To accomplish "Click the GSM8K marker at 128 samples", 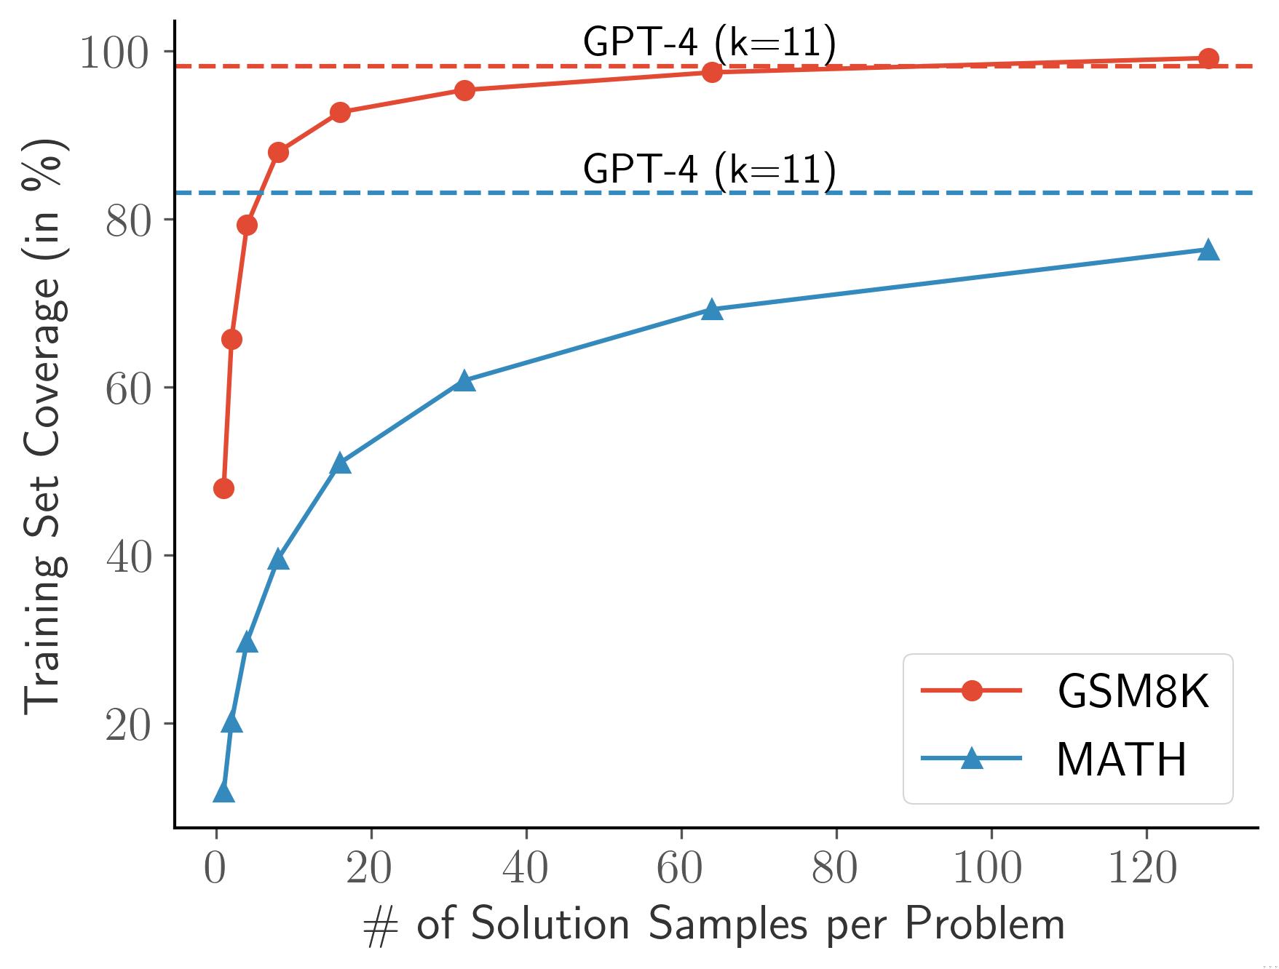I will coord(1208,58).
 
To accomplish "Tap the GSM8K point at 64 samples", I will coord(712,72).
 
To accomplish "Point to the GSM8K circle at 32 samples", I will coord(464,90).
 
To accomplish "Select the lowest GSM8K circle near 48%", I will coord(223,488).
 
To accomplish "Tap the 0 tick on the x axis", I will coord(216,868).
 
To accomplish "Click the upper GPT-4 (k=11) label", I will coord(709,43).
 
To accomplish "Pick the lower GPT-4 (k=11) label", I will coord(709,169).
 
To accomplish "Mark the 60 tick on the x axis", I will coord(680,868).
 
